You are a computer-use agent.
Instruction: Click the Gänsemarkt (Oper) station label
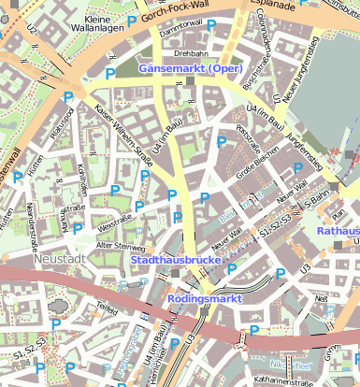click(191, 68)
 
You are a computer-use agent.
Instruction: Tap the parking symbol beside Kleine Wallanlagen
click(132, 21)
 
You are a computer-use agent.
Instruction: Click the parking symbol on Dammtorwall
click(211, 25)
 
